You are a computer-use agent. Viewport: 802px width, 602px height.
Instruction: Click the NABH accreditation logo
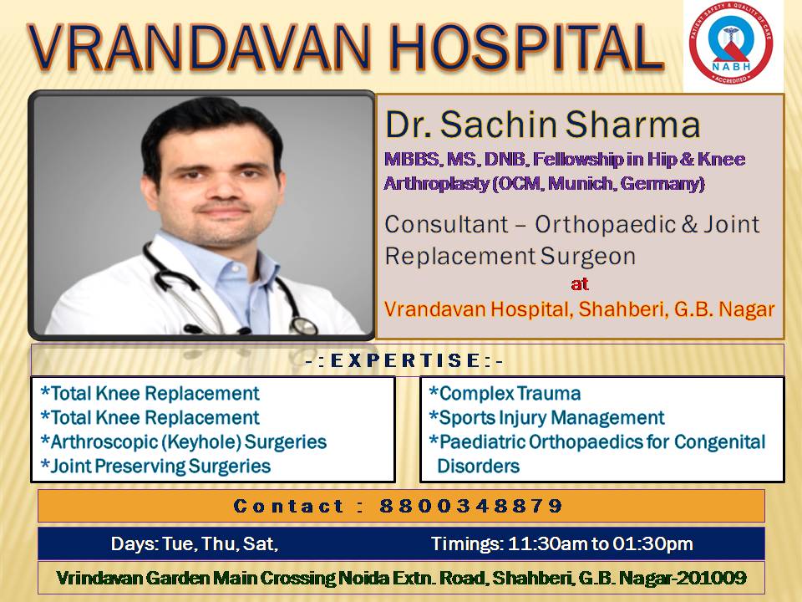[731, 43]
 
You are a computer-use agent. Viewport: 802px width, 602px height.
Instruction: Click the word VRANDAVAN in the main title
[199, 47]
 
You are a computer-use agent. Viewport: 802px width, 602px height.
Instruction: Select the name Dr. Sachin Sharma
[542, 125]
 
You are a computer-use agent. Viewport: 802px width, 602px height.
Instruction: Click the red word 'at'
[580, 283]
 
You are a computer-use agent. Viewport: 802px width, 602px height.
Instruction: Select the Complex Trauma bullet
[505, 393]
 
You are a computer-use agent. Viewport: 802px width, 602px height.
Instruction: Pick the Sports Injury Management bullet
[546, 418]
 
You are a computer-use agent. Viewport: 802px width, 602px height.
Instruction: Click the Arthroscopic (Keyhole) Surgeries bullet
[183, 441]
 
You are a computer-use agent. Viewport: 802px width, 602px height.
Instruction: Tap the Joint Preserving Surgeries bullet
[155, 466]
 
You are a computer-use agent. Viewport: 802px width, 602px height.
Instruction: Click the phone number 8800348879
[470, 506]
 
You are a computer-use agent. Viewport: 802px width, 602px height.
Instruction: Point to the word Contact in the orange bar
[288, 506]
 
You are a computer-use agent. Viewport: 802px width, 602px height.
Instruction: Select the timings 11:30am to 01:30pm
[600, 543]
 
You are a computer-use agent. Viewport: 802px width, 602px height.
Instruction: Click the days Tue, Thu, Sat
[220, 543]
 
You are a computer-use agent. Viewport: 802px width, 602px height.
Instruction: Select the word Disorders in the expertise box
[478, 466]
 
